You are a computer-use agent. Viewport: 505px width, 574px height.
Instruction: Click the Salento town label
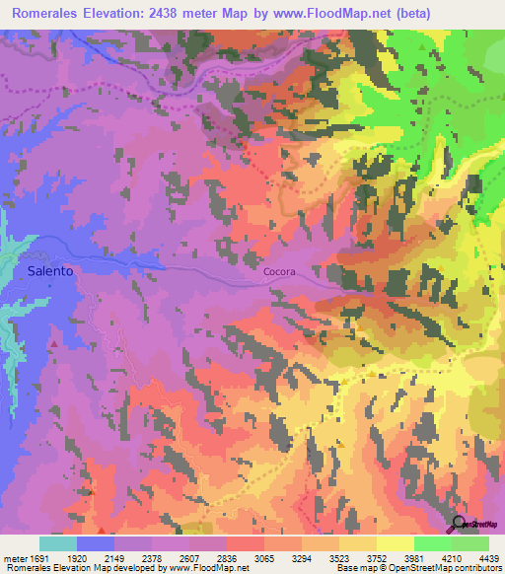[x=49, y=271]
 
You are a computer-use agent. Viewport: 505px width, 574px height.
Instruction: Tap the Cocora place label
[x=279, y=273]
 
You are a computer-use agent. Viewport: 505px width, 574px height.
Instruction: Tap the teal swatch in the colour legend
[x=58, y=543]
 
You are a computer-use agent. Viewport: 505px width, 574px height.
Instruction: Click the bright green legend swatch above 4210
[x=432, y=543]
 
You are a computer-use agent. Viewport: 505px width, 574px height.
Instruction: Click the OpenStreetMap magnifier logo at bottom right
[x=458, y=524]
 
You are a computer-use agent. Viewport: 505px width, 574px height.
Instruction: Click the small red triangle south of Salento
[x=52, y=343]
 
